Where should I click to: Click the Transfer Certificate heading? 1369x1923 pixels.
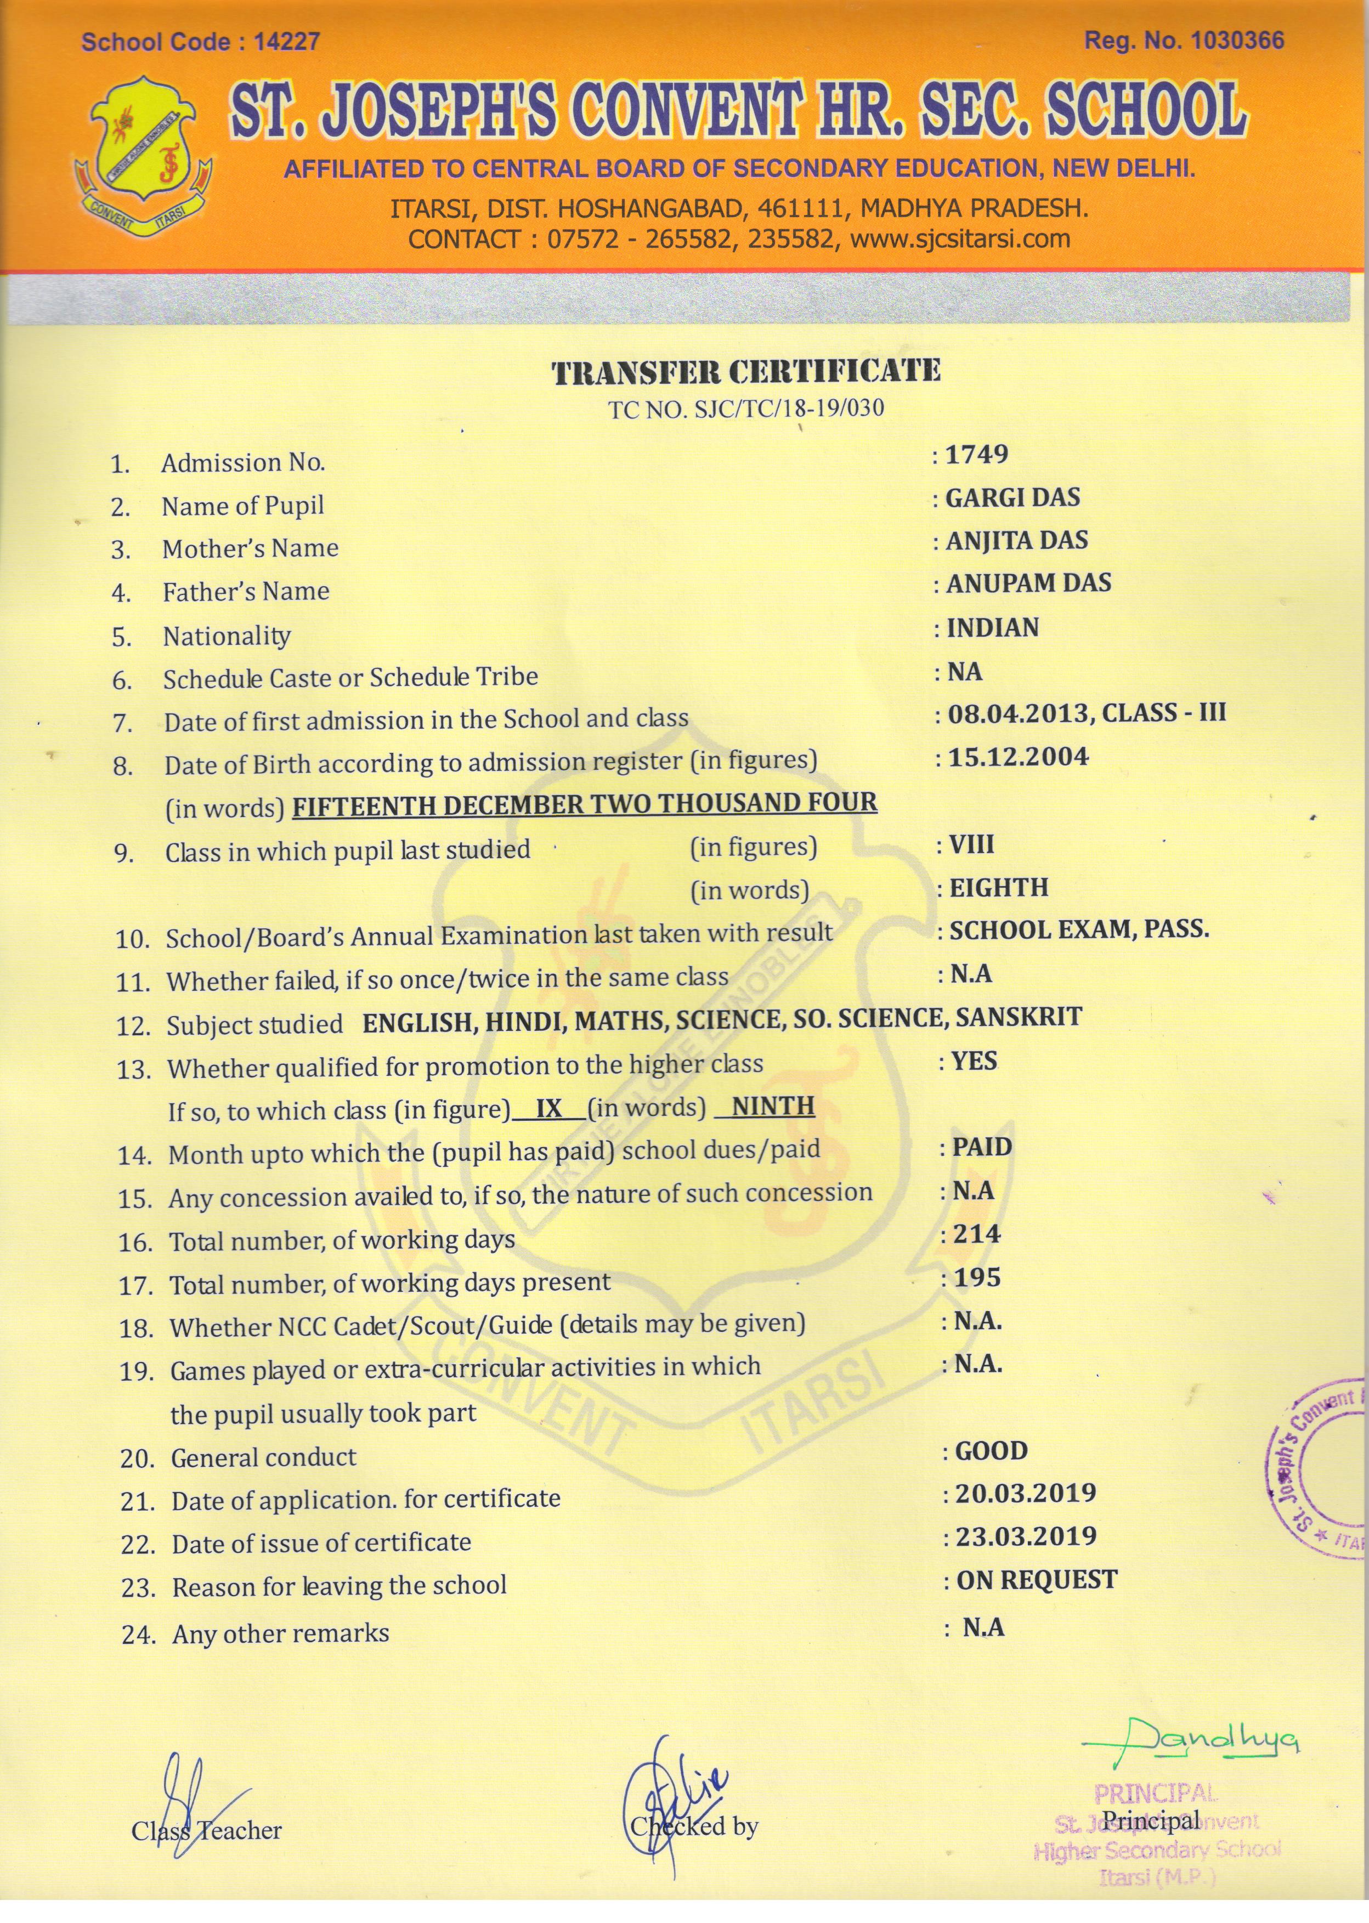[x=746, y=372]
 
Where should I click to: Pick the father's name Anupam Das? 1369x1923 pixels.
[x=1028, y=583]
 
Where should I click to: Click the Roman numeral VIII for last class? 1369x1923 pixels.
[x=971, y=844]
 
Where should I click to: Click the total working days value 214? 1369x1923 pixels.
[x=977, y=1234]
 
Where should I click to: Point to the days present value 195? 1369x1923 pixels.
[x=977, y=1278]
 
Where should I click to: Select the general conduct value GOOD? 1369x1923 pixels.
[x=991, y=1451]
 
